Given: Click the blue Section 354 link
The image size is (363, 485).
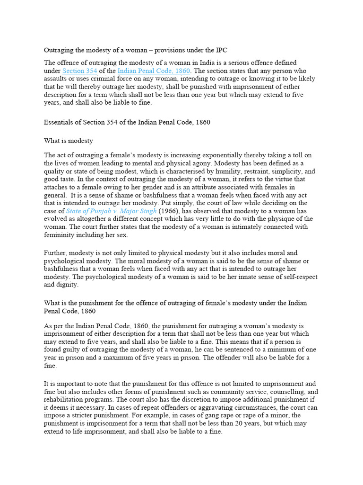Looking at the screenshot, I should [80, 71].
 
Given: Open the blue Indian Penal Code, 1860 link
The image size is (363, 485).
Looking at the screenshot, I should [154, 71].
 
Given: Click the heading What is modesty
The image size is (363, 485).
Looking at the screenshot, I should [69, 141].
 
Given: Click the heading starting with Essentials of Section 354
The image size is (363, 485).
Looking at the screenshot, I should [127, 122].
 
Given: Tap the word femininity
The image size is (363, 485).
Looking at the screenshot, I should [61, 235].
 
